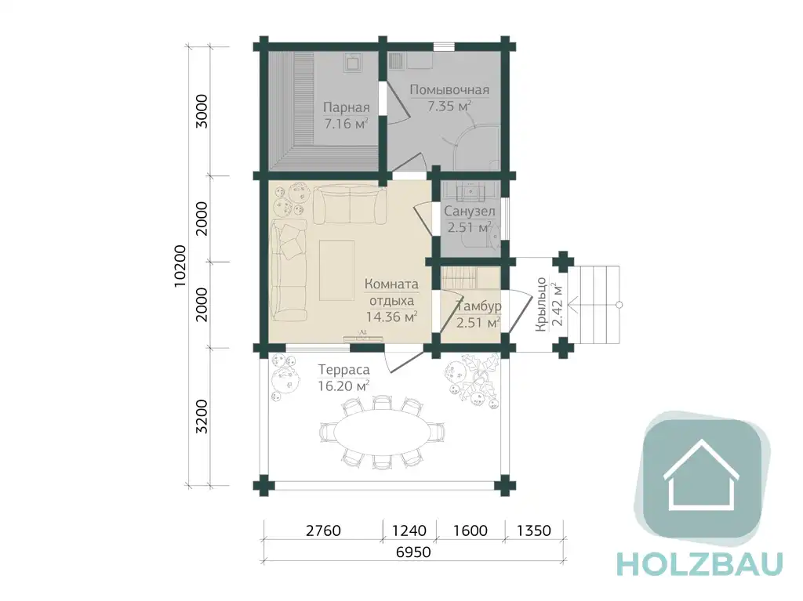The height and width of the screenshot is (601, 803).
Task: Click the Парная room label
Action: click(x=346, y=107)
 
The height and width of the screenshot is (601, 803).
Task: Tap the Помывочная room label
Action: click(x=449, y=90)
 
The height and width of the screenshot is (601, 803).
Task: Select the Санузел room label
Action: click(x=470, y=211)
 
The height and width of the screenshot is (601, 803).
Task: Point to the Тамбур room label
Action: click(x=479, y=306)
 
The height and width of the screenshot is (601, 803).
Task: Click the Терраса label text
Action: click(x=343, y=369)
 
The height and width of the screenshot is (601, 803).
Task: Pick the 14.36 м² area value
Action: click(x=392, y=317)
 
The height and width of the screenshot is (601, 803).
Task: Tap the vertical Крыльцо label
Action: click(x=541, y=304)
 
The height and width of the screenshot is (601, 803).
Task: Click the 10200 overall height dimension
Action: click(x=180, y=266)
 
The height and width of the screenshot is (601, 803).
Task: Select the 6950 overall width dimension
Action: click(x=413, y=552)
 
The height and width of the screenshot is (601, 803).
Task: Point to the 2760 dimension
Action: click(x=323, y=530)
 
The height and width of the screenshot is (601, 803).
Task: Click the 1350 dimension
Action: click(x=533, y=530)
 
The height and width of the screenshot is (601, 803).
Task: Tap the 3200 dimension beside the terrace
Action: click(x=202, y=417)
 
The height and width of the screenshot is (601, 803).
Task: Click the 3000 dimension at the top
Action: click(x=202, y=111)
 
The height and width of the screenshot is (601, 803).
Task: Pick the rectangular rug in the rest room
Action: click(x=336, y=270)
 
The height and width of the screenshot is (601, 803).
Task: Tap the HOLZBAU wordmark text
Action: click(x=700, y=563)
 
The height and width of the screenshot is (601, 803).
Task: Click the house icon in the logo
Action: click(x=701, y=475)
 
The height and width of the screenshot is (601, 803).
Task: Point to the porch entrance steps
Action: click(x=594, y=305)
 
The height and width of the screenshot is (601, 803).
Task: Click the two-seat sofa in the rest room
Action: click(x=351, y=205)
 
